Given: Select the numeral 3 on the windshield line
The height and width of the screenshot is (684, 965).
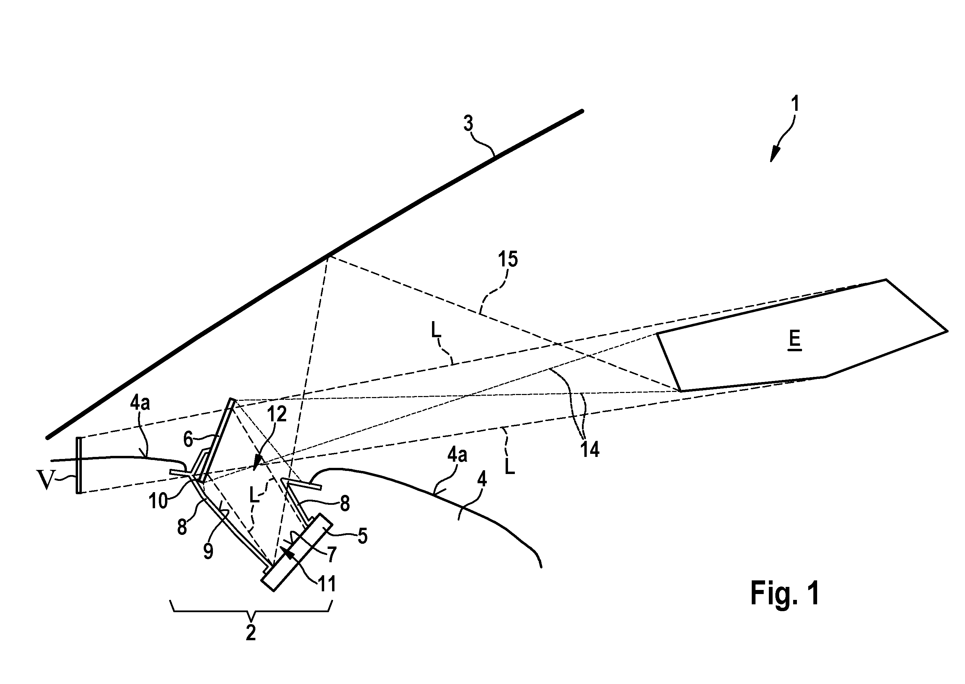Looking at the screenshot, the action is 468,123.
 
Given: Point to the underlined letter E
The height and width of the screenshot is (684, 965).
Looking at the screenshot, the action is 795,340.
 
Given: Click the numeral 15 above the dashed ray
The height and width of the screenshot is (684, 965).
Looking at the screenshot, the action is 508,259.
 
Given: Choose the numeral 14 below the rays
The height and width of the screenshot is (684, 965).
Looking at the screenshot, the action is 590,450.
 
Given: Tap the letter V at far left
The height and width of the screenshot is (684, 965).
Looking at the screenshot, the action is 46,481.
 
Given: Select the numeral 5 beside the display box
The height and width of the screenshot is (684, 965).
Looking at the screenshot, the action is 362,536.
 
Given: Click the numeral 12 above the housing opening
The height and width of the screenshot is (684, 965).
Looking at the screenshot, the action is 277,414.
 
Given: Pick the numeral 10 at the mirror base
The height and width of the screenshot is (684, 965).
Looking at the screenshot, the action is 158,502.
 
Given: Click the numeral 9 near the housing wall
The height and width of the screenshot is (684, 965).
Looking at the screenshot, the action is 208,551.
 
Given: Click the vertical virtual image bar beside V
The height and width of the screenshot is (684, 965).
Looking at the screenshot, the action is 78,465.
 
